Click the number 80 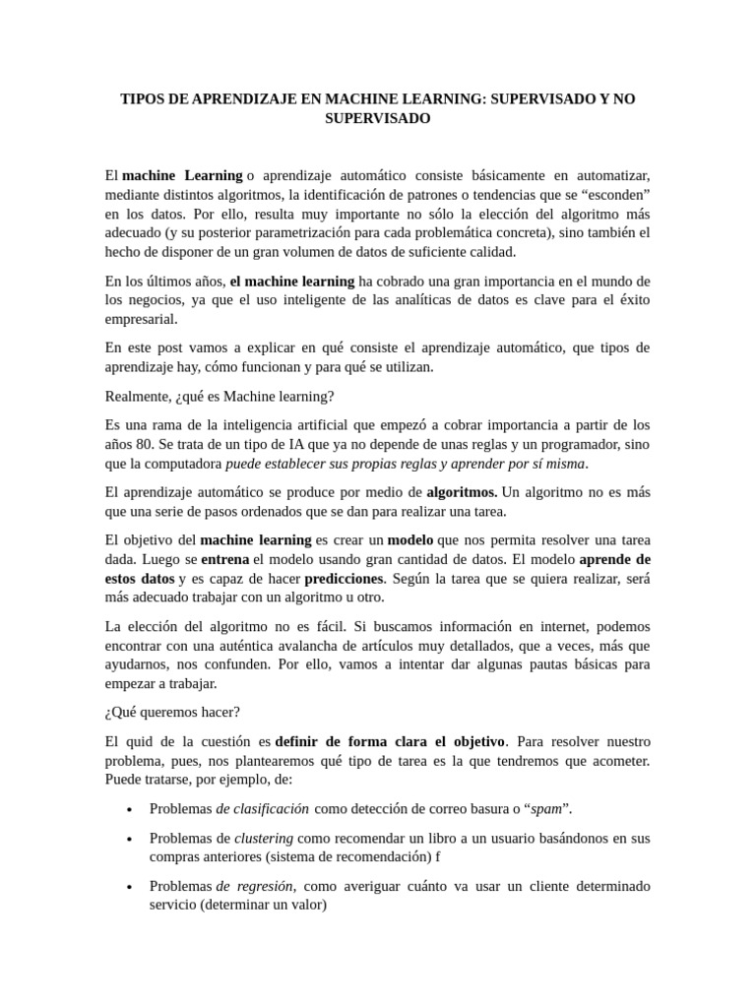coord(148,444)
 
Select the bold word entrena coord(224,558)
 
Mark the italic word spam coord(546,809)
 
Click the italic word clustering coord(263,838)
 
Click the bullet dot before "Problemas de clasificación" coord(131,810)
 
